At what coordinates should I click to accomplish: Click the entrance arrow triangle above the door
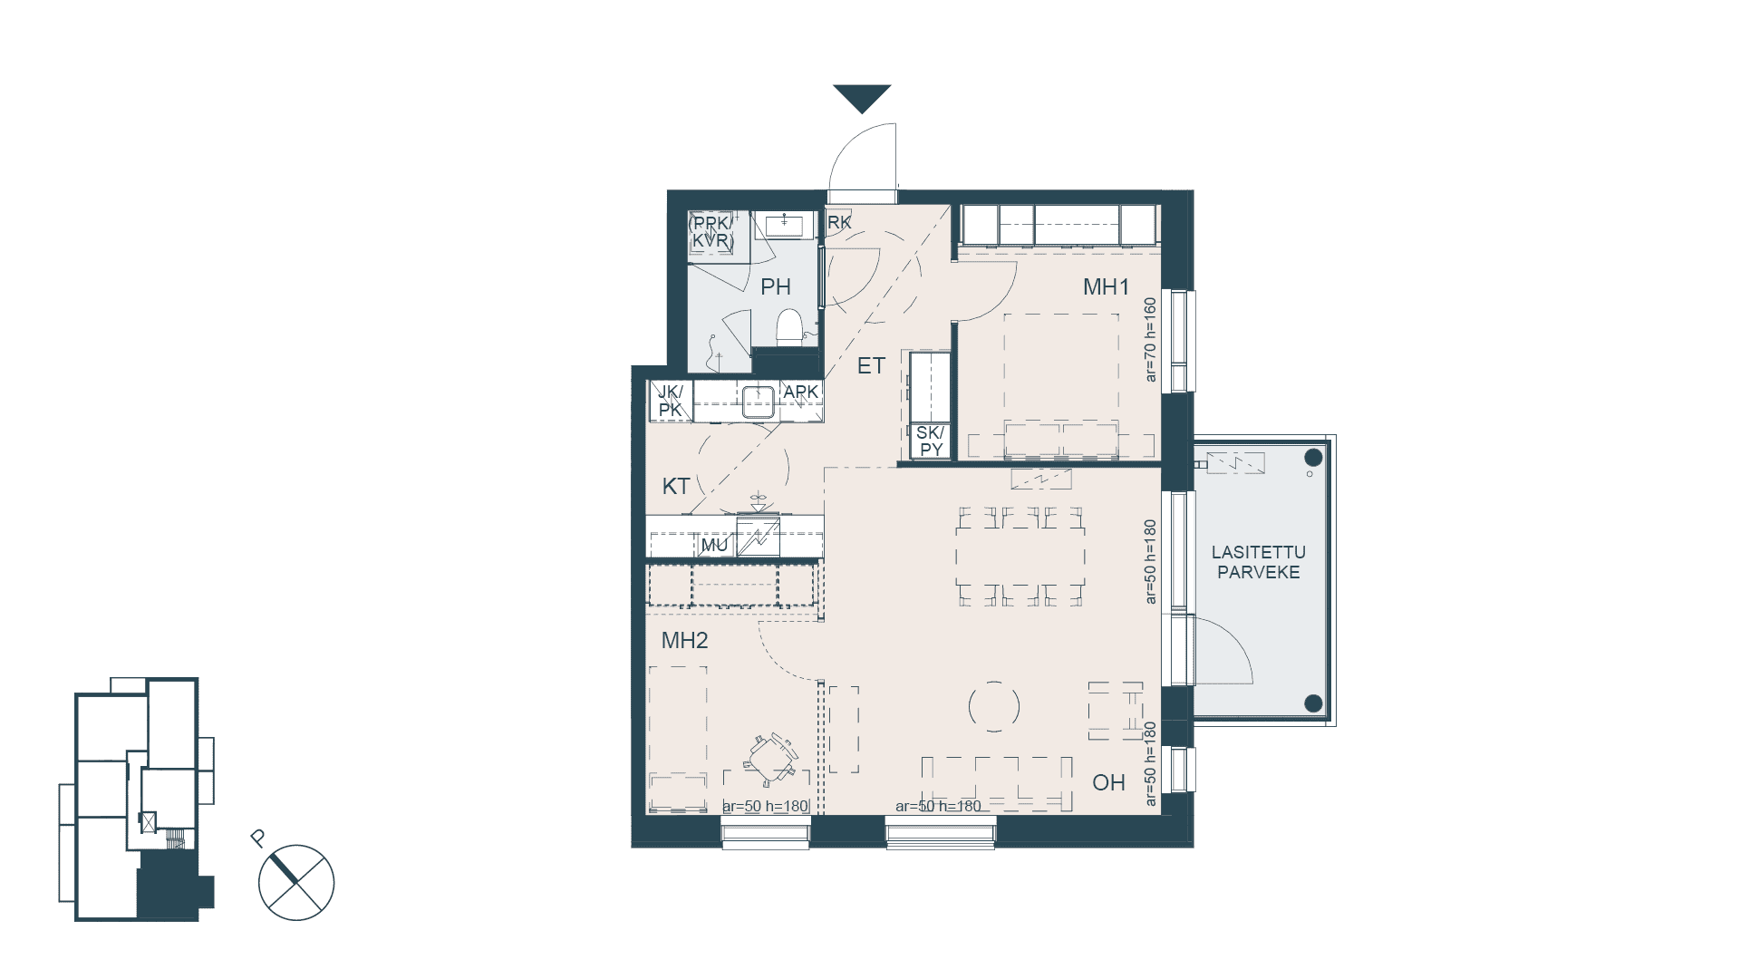point(862,97)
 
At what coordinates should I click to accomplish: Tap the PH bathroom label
point(776,287)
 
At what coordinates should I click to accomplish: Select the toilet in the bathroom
point(790,327)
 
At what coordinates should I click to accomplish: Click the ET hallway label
point(871,366)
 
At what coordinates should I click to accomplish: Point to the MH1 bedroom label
point(1107,287)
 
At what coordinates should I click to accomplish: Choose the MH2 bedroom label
point(685,641)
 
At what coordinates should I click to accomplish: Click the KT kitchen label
point(676,486)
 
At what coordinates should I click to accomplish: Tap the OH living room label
point(1108,782)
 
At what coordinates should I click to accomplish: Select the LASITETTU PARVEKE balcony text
point(1259,562)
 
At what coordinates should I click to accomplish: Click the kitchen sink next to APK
point(758,402)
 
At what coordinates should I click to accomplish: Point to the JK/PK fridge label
point(671,401)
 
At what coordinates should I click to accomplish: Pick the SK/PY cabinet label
point(931,441)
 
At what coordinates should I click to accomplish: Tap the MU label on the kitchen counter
point(714,545)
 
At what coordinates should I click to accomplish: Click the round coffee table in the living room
point(994,706)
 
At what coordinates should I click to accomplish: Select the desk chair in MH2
point(771,758)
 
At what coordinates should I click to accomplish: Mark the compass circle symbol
point(296,883)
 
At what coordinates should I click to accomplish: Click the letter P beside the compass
point(258,838)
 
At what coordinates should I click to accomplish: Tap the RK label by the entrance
point(839,222)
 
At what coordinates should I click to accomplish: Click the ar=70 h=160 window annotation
point(1150,340)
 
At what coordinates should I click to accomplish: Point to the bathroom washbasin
point(785,224)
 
